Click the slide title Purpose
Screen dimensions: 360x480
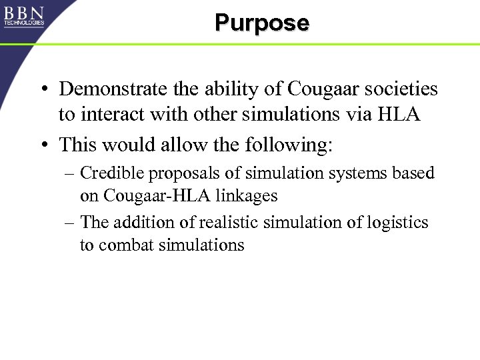point(262,23)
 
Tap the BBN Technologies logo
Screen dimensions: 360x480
point(24,16)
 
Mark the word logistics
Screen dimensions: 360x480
point(399,222)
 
